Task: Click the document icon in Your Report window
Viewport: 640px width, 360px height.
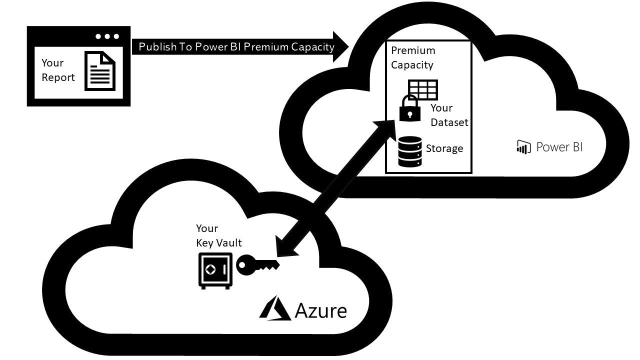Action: point(99,70)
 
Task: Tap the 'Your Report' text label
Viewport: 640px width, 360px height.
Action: point(58,70)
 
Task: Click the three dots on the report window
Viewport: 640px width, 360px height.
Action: point(107,36)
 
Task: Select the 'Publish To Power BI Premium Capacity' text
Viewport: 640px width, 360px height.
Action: point(236,47)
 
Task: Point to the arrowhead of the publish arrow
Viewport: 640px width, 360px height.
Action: point(341,47)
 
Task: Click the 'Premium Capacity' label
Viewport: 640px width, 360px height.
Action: point(413,57)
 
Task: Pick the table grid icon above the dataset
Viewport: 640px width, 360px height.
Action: point(423,90)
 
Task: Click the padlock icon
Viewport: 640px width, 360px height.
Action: point(410,109)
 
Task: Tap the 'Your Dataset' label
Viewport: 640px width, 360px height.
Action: point(449,115)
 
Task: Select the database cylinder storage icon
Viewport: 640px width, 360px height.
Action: point(410,152)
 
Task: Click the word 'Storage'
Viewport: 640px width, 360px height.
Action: point(444,148)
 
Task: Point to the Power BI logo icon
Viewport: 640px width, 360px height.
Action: point(523,146)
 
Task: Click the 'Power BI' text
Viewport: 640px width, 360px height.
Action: point(559,146)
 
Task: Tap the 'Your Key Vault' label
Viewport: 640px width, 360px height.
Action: point(218,235)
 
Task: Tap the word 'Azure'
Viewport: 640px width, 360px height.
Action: point(320,310)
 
